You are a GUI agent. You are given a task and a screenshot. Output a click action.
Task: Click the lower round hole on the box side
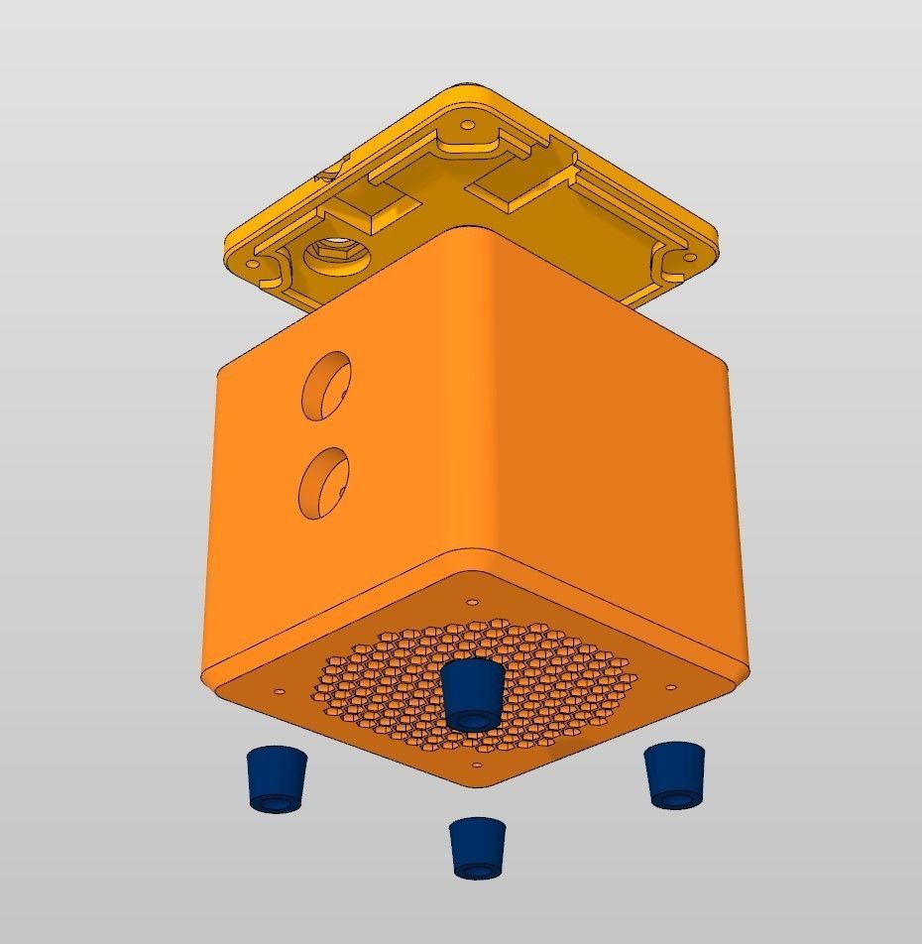(x=324, y=483)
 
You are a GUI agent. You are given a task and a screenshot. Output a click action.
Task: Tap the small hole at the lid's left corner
(x=252, y=265)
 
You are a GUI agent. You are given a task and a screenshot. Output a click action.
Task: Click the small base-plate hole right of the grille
(x=671, y=686)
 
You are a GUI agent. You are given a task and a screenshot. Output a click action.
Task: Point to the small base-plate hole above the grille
(x=472, y=601)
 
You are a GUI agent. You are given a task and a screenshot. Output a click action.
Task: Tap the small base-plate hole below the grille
(x=477, y=766)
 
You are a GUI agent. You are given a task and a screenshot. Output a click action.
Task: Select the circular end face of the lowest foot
(x=478, y=870)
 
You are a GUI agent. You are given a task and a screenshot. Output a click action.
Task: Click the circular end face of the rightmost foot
(x=677, y=797)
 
